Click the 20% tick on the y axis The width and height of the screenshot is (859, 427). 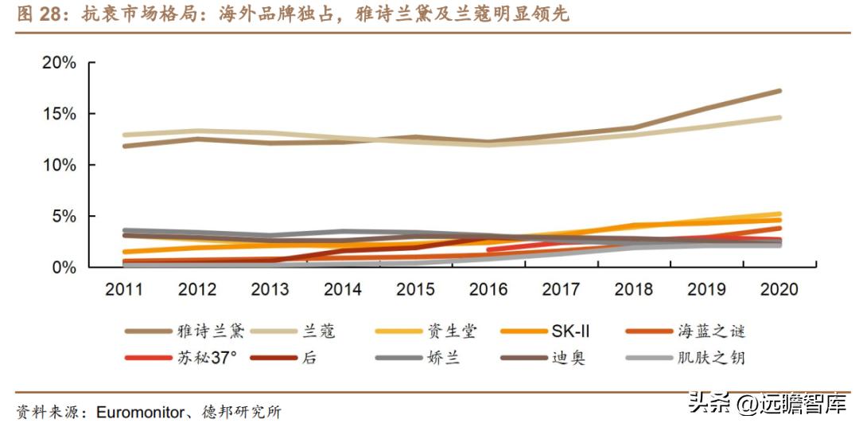coord(58,63)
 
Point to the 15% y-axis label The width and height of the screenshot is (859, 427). coord(58,114)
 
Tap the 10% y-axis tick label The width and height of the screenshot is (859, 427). coord(58,165)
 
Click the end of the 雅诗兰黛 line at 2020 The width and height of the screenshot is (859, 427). coord(779,91)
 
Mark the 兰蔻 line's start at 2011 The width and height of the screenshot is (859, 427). coord(125,135)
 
